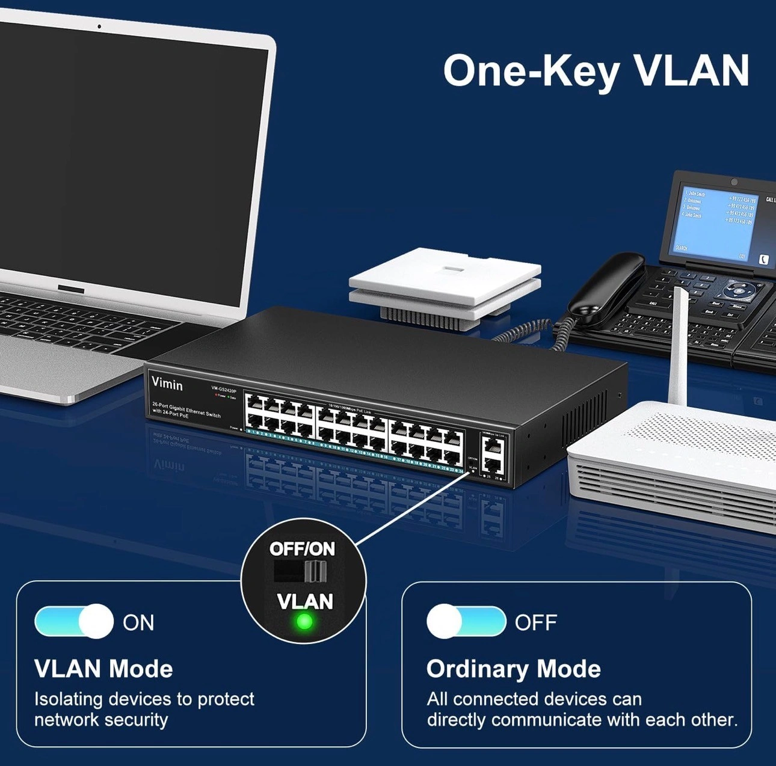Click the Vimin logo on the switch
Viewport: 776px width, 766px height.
click(167, 384)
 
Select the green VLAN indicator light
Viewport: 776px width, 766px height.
click(305, 621)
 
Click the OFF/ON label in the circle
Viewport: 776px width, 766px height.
click(302, 548)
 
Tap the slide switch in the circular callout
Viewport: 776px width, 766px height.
click(301, 571)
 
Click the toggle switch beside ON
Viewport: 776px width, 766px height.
click(74, 621)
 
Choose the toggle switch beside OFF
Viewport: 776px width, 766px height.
click(466, 621)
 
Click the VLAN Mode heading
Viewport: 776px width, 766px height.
click(103, 669)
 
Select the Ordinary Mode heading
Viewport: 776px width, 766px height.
click(513, 669)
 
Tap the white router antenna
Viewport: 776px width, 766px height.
click(679, 349)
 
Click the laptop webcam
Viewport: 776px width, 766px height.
click(99, 26)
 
